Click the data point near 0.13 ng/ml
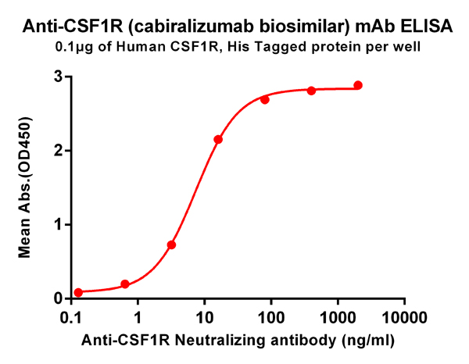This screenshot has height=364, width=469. [x=78, y=292]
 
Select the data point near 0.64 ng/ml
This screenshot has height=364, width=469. [x=125, y=284]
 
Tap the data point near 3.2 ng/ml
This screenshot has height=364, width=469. [x=171, y=244]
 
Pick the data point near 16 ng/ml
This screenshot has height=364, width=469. [x=218, y=139]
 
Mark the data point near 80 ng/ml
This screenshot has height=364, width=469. [x=265, y=99]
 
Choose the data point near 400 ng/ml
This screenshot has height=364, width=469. [x=311, y=91]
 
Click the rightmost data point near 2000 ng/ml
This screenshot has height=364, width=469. [x=358, y=85]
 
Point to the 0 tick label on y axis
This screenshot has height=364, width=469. [x=59, y=298]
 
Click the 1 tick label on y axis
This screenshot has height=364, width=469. [x=59, y=225]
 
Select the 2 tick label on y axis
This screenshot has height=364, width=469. [x=59, y=151]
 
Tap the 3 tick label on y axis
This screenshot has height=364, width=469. [x=59, y=77]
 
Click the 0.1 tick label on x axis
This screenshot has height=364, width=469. [x=71, y=318]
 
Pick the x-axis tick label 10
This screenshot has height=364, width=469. [x=204, y=318]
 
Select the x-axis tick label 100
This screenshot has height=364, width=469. [x=271, y=318]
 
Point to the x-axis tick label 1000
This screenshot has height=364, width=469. [x=338, y=318]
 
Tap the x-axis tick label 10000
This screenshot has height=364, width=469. [x=404, y=318]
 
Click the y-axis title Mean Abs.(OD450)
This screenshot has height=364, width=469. [x=25, y=187]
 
